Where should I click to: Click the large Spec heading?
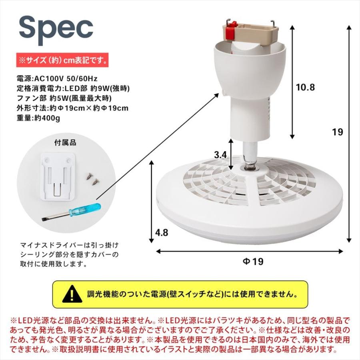coord(56,27)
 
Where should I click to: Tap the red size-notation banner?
coord(62,60)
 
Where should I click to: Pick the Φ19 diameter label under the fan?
coord(253,262)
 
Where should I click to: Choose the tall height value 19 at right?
coord(338,132)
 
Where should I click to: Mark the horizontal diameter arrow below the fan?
coord(249,252)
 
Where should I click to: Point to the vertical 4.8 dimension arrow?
coord(152,202)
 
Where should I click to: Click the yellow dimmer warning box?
coord(180,294)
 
